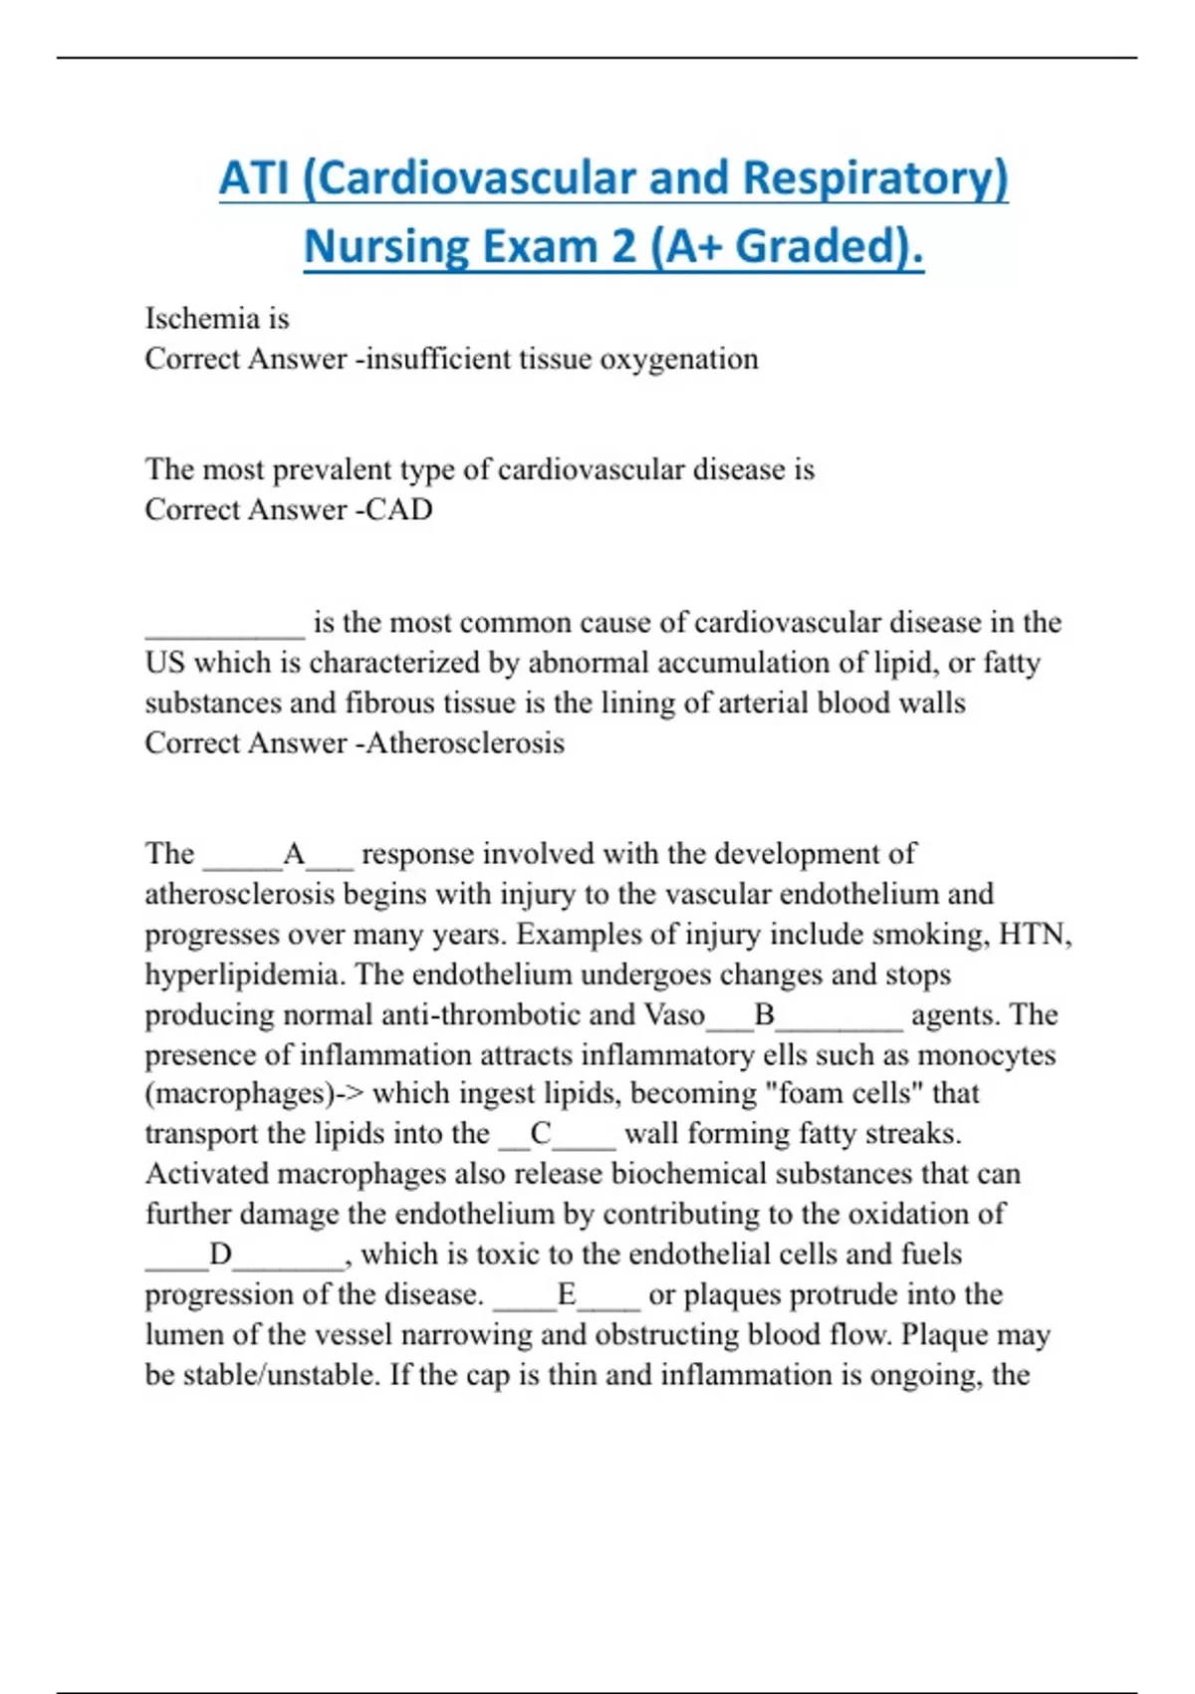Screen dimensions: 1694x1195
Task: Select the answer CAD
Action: coord(398,510)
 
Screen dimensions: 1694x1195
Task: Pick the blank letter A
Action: coord(294,855)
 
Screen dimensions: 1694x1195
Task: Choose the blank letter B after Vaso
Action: coord(765,1015)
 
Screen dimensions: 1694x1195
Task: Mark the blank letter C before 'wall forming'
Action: coord(541,1134)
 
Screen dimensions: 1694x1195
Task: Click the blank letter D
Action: coord(220,1255)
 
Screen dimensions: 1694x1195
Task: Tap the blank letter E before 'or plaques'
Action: coord(567,1294)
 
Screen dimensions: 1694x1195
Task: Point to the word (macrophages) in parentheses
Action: coord(239,1094)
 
